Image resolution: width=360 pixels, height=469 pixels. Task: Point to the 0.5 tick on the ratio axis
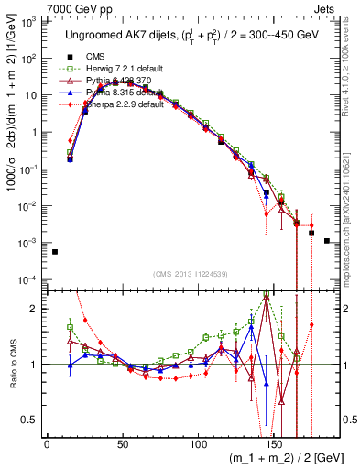(27, 420)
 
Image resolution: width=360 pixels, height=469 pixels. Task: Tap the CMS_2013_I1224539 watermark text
(191, 273)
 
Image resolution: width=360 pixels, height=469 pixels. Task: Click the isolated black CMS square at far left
(55, 252)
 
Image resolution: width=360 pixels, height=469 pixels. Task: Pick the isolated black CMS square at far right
(327, 241)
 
